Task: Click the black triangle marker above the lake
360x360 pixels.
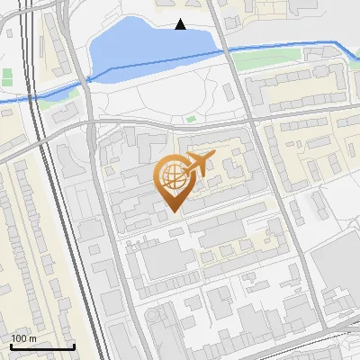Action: coord(181,24)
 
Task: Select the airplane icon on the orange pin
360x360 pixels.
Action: coord(198,165)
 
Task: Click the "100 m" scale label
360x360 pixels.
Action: coord(23,338)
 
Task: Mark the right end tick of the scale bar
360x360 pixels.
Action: coord(74,346)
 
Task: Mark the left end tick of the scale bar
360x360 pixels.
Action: coord(11,346)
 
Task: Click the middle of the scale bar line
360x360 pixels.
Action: coord(42,347)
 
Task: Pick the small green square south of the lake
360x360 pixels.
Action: coord(191,118)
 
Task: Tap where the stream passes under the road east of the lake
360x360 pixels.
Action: coord(225,51)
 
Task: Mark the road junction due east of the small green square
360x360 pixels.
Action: coord(255,118)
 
